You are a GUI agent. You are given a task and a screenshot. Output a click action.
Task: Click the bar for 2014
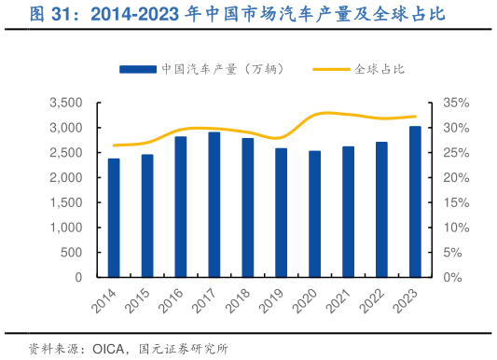pos(114,218)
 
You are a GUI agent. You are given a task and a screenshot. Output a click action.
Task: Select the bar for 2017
pos(214,205)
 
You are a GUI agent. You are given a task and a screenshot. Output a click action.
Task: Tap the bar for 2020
pos(314,214)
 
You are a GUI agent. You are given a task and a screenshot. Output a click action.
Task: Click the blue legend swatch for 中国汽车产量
pos(136,69)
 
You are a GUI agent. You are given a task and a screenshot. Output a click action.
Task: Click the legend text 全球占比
pos(380,69)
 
